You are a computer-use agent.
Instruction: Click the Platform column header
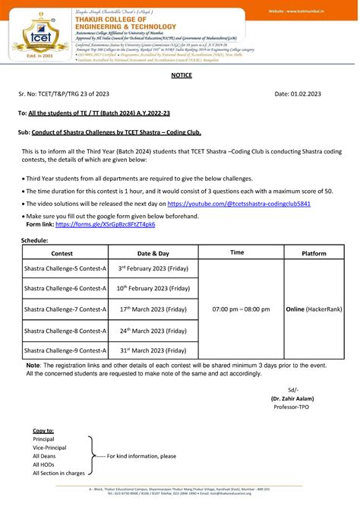tap(314, 252)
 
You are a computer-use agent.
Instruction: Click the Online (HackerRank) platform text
tap(314, 309)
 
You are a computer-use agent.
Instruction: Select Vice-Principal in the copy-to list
tap(51, 448)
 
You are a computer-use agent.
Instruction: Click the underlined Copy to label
tap(43, 430)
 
